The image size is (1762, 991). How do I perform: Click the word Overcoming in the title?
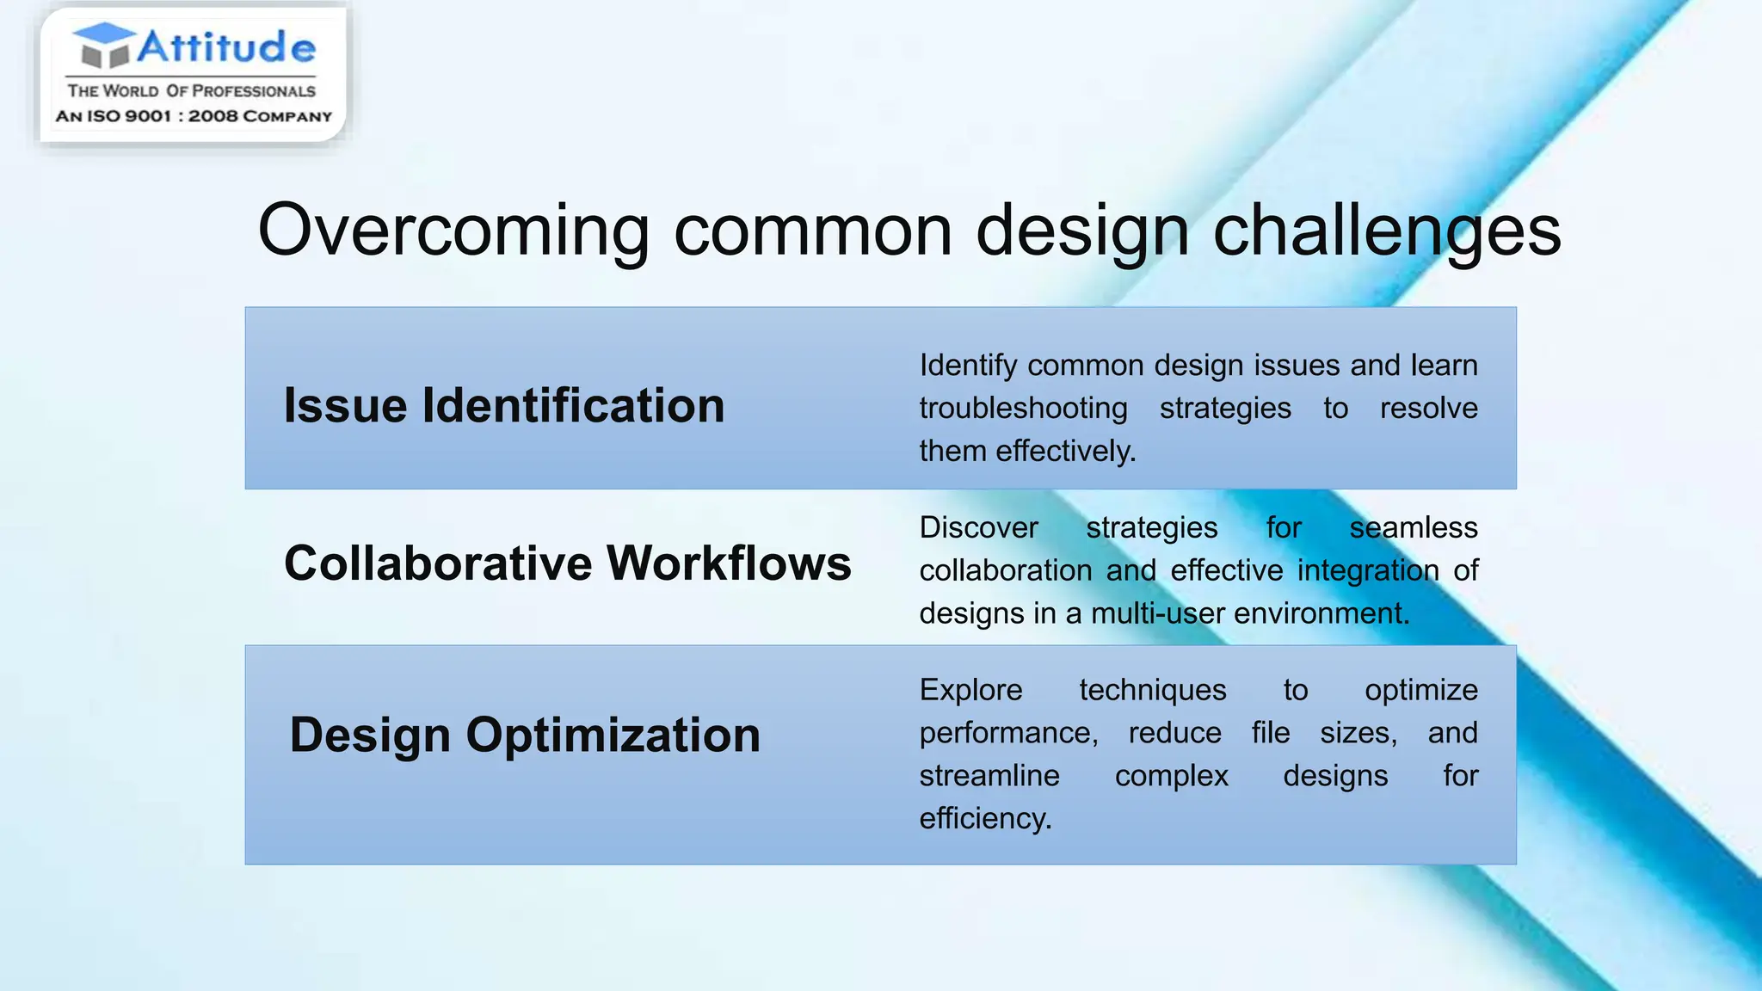click(453, 231)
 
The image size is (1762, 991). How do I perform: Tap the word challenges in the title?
click(1386, 231)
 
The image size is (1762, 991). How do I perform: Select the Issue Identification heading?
click(504, 405)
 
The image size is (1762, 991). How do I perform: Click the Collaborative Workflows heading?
click(567, 563)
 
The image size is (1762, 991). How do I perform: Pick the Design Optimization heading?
click(525, 736)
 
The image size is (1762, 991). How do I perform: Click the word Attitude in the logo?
click(226, 46)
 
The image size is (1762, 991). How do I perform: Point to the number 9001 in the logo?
click(148, 116)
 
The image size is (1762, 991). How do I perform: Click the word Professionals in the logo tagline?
click(253, 91)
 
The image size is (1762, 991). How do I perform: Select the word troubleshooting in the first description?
click(1022, 409)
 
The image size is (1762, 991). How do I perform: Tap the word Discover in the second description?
click(978, 527)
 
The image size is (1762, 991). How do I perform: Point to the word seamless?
click(1413, 527)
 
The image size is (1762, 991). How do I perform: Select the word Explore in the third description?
click(970, 690)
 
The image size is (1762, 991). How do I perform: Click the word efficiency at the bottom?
click(985, 818)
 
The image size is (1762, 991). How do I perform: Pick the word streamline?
click(989, 776)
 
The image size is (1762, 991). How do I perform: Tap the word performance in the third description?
click(1007, 733)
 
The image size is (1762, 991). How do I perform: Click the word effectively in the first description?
click(1065, 451)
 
